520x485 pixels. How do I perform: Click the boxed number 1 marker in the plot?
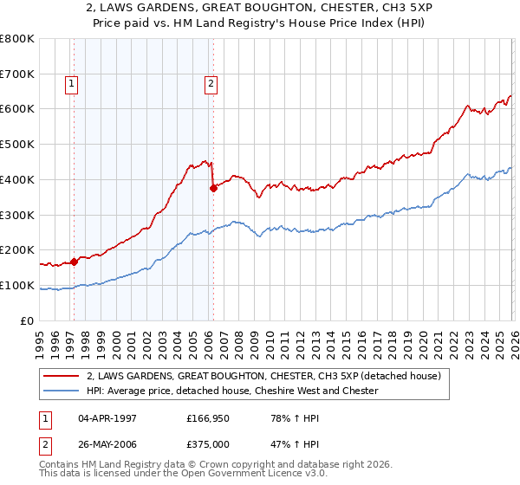click(70, 84)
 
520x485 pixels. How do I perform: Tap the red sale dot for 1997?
click(74, 261)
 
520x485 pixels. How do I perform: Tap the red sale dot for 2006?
click(213, 187)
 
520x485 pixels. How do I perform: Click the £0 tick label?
click(26, 320)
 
